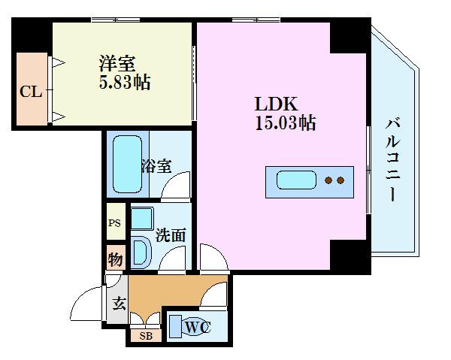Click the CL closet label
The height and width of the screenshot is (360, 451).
30,92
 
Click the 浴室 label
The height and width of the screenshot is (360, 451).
156,166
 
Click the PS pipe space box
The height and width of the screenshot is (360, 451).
115,223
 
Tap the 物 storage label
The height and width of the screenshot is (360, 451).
115,259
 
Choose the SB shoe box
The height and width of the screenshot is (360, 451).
145,336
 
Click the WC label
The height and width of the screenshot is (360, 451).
195,327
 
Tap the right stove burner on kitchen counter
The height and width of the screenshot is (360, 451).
340,180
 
